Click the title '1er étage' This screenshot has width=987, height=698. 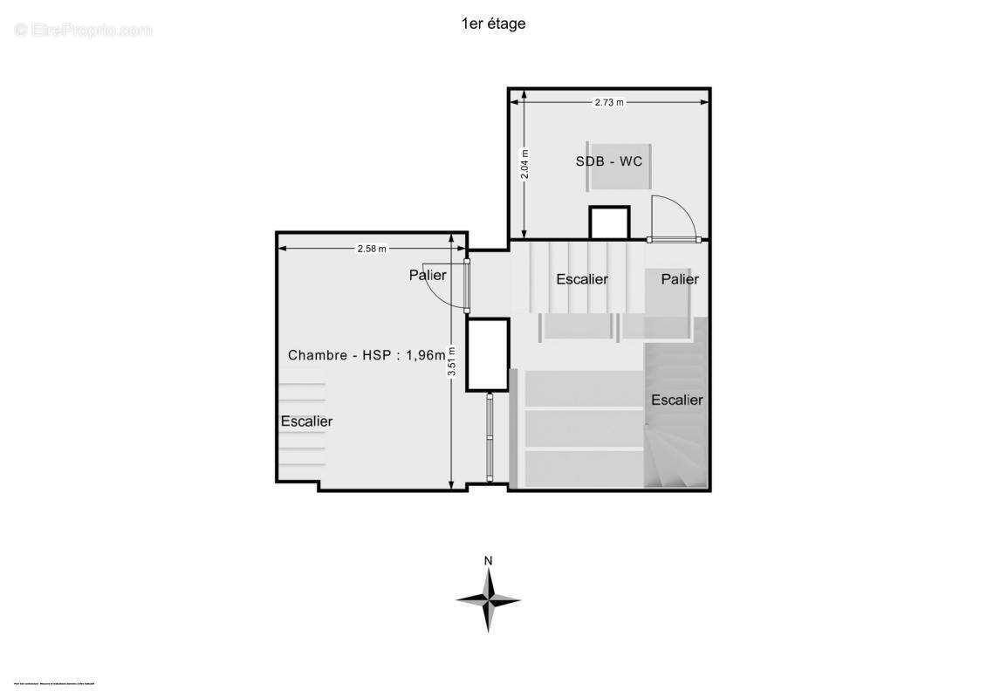pos(493,24)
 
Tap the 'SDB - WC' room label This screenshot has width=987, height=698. pos(609,161)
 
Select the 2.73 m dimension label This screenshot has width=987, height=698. pos(609,102)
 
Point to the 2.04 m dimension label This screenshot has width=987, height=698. pos(524,165)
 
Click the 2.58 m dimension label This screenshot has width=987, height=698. pos(372,249)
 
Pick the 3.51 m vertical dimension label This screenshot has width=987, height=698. pos(451,361)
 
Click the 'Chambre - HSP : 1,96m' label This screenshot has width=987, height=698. pos(367,355)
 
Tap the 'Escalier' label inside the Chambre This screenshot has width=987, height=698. pos(306,421)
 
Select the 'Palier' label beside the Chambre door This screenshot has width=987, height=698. pos(428,276)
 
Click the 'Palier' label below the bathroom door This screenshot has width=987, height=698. pos(680,279)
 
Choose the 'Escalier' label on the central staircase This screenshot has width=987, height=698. pos(582,279)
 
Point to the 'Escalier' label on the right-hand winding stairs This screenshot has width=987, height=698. pos(677,400)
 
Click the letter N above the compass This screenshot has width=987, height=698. pos(489,560)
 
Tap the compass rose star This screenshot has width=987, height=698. pos(489,600)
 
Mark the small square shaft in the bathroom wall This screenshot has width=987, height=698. pos(609,222)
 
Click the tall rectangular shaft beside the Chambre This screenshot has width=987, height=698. pos(487,354)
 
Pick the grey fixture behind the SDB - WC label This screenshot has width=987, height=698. pos(619,166)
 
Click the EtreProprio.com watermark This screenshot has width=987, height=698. pos(84,31)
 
